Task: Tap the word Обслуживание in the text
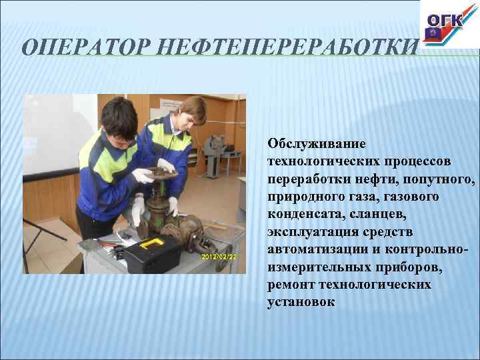click(307, 144)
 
